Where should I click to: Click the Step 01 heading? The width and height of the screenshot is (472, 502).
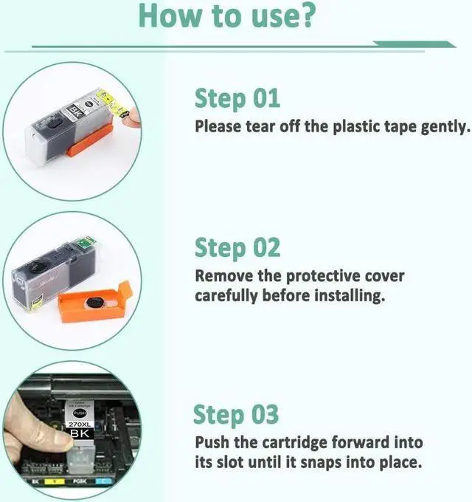coord(237,99)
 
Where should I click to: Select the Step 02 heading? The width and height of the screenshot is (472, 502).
coord(237,248)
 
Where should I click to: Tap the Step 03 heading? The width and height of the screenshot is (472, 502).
coord(236,415)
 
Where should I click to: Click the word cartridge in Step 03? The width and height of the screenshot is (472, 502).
coord(294,444)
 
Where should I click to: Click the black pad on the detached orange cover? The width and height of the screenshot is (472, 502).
coord(94,302)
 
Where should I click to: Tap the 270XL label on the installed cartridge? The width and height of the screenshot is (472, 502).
coord(80,424)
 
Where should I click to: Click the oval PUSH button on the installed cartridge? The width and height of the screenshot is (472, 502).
coord(80,413)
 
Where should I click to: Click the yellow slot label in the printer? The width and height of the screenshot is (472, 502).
coord(55,481)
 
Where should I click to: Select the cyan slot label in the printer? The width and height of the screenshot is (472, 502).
coord(103,481)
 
